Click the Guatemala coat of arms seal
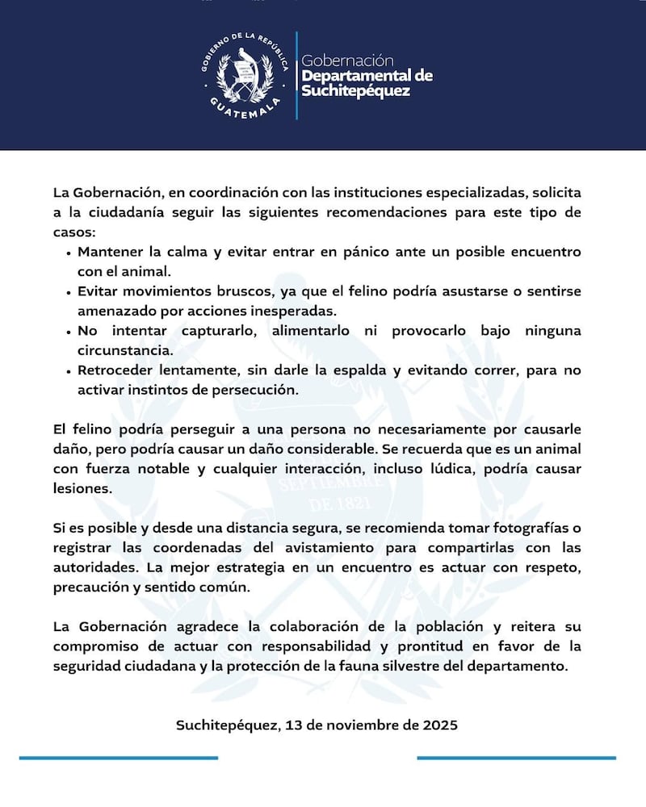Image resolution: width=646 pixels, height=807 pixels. (x=243, y=76)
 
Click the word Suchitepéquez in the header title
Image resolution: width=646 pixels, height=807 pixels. (x=355, y=91)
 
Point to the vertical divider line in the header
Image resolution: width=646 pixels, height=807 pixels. (x=296, y=76)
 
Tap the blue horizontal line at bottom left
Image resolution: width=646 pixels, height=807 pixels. (x=119, y=758)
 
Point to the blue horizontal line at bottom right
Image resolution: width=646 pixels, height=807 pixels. (x=516, y=758)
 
